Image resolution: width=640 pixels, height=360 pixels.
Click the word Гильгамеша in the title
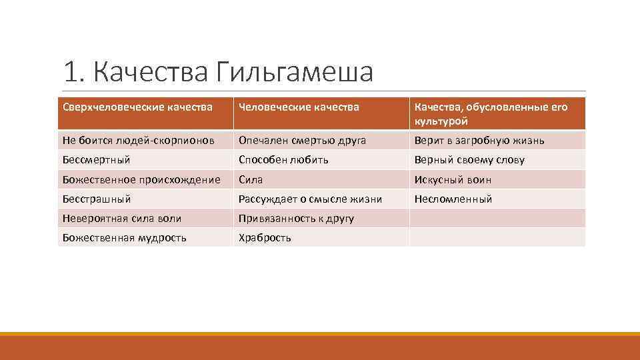click(294, 72)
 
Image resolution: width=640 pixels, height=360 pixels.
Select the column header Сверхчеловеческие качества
click(138, 107)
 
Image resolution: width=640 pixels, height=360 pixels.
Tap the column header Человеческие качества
click(299, 107)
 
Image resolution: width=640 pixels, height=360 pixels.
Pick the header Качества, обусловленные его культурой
click(491, 114)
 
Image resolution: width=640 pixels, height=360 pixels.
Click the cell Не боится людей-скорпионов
click(139, 140)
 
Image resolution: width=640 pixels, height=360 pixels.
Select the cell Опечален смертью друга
click(303, 140)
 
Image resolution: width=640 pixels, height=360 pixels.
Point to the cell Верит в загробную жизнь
click(479, 140)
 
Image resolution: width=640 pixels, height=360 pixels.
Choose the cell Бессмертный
click(97, 160)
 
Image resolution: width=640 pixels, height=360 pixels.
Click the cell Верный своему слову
click(469, 160)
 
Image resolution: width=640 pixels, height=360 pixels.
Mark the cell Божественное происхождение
click(141, 179)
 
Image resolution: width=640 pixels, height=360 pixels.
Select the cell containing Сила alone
click(251, 179)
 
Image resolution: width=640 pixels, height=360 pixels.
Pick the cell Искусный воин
click(453, 179)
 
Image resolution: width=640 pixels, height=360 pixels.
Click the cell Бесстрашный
click(97, 199)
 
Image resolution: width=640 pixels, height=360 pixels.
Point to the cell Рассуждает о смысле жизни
click(310, 199)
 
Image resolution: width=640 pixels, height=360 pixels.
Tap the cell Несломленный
click(453, 199)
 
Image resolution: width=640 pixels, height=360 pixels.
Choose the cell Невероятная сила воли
click(122, 218)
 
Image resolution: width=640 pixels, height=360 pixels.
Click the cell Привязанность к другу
click(296, 218)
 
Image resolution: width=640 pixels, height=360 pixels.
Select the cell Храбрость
click(265, 237)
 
